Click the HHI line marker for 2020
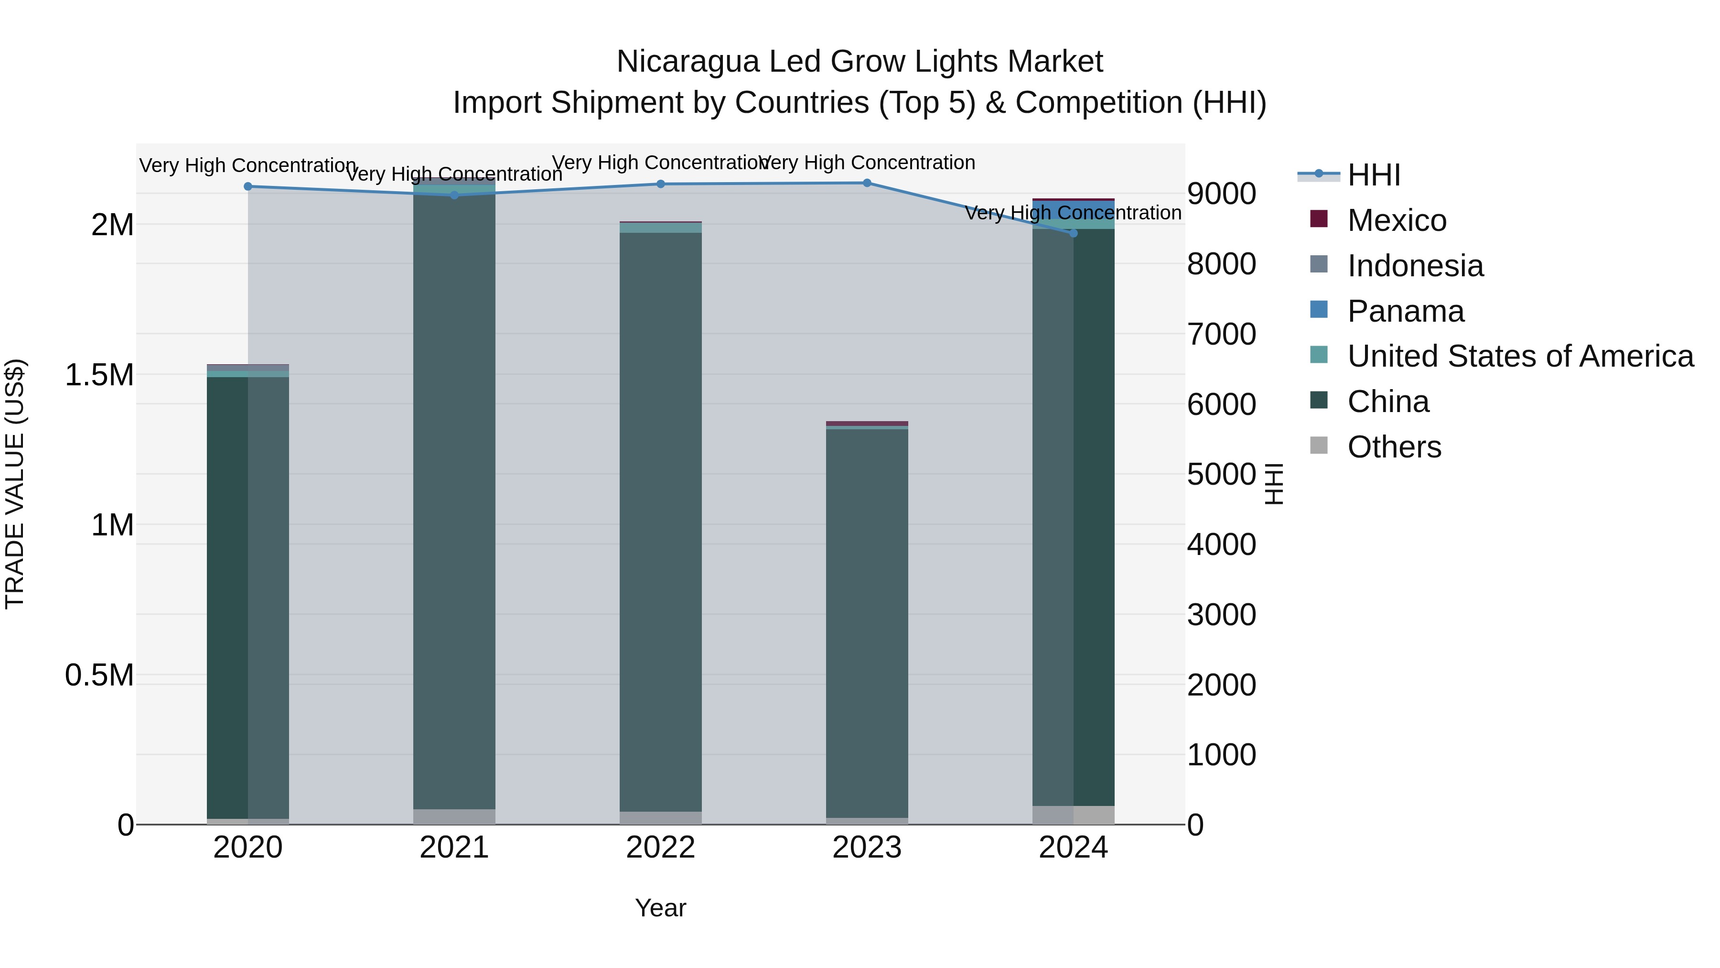[x=247, y=186]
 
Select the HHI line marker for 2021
[x=454, y=195]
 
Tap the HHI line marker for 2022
[x=660, y=184]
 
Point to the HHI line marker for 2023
[x=867, y=183]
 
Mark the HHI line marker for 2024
[x=1073, y=233]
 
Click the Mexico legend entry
[x=1396, y=220]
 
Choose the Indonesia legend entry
[x=1415, y=266]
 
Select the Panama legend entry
[x=1405, y=311]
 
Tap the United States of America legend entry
[x=1520, y=356]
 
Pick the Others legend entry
[x=1394, y=447]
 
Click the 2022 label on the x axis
[x=660, y=848]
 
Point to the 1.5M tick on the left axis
[x=99, y=375]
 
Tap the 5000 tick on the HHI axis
[x=1221, y=474]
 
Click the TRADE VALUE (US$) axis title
[x=15, y=484]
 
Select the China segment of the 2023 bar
[x=867, y=621]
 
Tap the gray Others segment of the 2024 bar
[x=1073, y=815]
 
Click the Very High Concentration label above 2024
[x=1073, y=213]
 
